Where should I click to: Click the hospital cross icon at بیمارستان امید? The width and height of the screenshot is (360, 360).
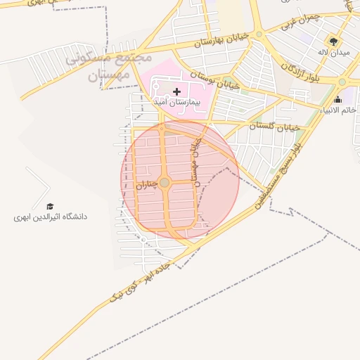point(176,91)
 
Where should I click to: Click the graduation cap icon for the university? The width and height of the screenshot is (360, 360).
point(50,206)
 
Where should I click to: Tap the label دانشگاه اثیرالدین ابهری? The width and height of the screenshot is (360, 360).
point(50,217)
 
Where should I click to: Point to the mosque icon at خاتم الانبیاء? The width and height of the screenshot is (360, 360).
point(337,100)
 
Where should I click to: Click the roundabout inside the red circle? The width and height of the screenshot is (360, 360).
point(165,183)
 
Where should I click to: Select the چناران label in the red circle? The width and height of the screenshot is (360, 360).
point(146,185)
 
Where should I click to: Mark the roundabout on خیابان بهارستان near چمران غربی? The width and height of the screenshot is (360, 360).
point(259,33)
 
